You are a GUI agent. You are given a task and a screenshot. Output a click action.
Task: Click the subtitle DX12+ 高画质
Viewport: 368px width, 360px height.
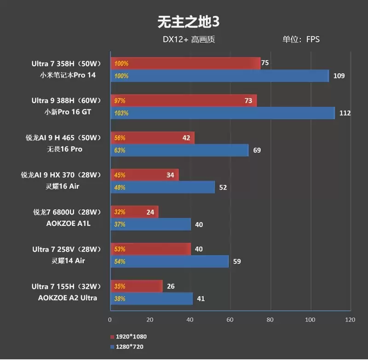click(x=189, y=40)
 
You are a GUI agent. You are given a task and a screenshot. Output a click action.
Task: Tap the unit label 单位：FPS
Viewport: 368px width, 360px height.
click(x=301, y=40)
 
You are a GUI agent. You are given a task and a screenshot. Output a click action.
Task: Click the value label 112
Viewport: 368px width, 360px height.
click(x=345, y=113)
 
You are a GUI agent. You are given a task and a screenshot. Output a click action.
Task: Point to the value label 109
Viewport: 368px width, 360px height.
click(x=339, y=76)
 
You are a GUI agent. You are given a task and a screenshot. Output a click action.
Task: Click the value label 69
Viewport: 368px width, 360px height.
click(x=258, y=150)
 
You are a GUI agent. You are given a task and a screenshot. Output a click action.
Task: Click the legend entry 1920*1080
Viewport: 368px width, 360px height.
click(x=131, y=337)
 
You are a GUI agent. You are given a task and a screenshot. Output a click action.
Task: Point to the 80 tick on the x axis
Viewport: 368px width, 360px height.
click(x=270, y=319)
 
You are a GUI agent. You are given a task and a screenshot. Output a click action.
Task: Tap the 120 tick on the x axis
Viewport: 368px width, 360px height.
click(x=350, y=319)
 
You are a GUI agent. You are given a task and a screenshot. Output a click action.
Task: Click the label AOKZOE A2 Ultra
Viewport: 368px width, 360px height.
click(x=68, y=298)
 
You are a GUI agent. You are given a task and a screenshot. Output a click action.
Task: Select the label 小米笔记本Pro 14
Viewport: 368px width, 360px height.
click(x=65, y=75)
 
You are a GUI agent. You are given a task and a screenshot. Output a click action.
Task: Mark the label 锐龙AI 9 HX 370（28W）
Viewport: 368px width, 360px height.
click(x=60, y=175)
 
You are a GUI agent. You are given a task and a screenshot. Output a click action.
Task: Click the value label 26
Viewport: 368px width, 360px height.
click(x=171, y=286)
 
